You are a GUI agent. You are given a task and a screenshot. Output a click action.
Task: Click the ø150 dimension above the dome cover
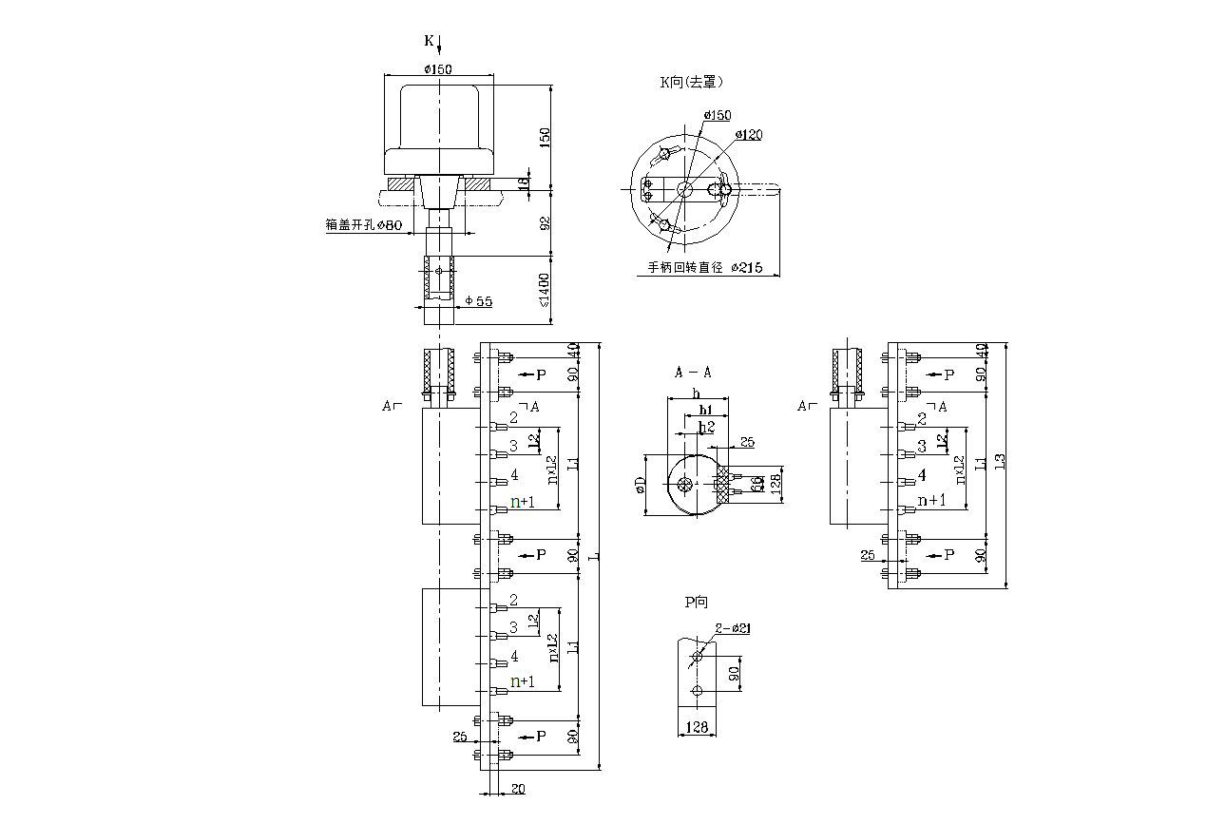(x=438, y=69)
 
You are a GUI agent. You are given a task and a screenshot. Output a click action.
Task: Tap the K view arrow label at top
(x=429, y=41)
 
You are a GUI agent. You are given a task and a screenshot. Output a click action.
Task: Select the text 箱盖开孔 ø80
(x=365, y=225)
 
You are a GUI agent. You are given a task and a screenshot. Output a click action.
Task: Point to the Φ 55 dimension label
(x=479, y=301)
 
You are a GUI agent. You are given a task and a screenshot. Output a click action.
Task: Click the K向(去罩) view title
(x=691, y=83)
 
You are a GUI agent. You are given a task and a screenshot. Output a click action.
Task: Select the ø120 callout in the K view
(x=750, y=135)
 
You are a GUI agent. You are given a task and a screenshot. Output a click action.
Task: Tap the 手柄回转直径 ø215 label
(x=705, y=268)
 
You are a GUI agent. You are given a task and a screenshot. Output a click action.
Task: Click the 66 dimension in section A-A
(x=757, y=484)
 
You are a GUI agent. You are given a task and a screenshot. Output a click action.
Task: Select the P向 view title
(x=696, y=602)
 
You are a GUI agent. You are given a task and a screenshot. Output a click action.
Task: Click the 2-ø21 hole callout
(x=734, y=627)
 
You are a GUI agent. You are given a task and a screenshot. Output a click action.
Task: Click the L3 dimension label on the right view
(x=999, y=462)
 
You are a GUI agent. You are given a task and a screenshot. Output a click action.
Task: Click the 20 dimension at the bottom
(x=518, y=789)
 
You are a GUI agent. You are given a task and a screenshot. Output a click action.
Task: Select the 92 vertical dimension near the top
(x=545, y=223)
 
